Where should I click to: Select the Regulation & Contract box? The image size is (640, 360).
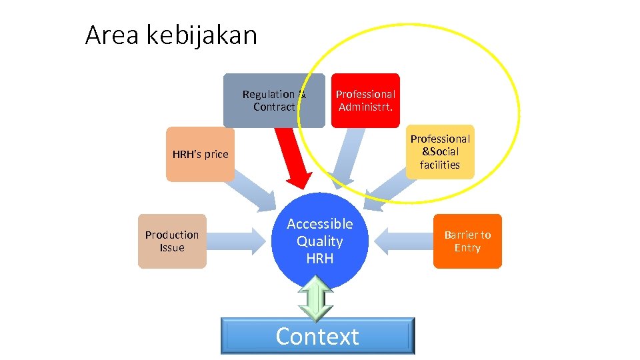click(x=273, y=100)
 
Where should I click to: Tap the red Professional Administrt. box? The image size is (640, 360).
click(x=365, y=100)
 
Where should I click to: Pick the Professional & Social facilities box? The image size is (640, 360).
click(x=440, y=152)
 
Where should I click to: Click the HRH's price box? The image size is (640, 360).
click(x=200, y=155)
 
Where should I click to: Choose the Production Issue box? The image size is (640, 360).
click(x=172, y=241)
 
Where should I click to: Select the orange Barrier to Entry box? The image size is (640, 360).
click(x=467, y=241)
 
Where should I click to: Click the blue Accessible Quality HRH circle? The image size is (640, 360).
click(x=320, y=241)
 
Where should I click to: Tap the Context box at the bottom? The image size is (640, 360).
click(x=317, y=336)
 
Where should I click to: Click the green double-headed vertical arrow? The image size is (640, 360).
click(x=315, y=299)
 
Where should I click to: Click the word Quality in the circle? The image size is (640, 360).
click(x=319, y=241)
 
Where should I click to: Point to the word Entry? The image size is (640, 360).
click(x=467, y=248)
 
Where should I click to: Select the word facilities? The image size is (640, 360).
click(x=440, y=165)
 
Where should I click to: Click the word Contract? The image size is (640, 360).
click(x=273, y=107)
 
